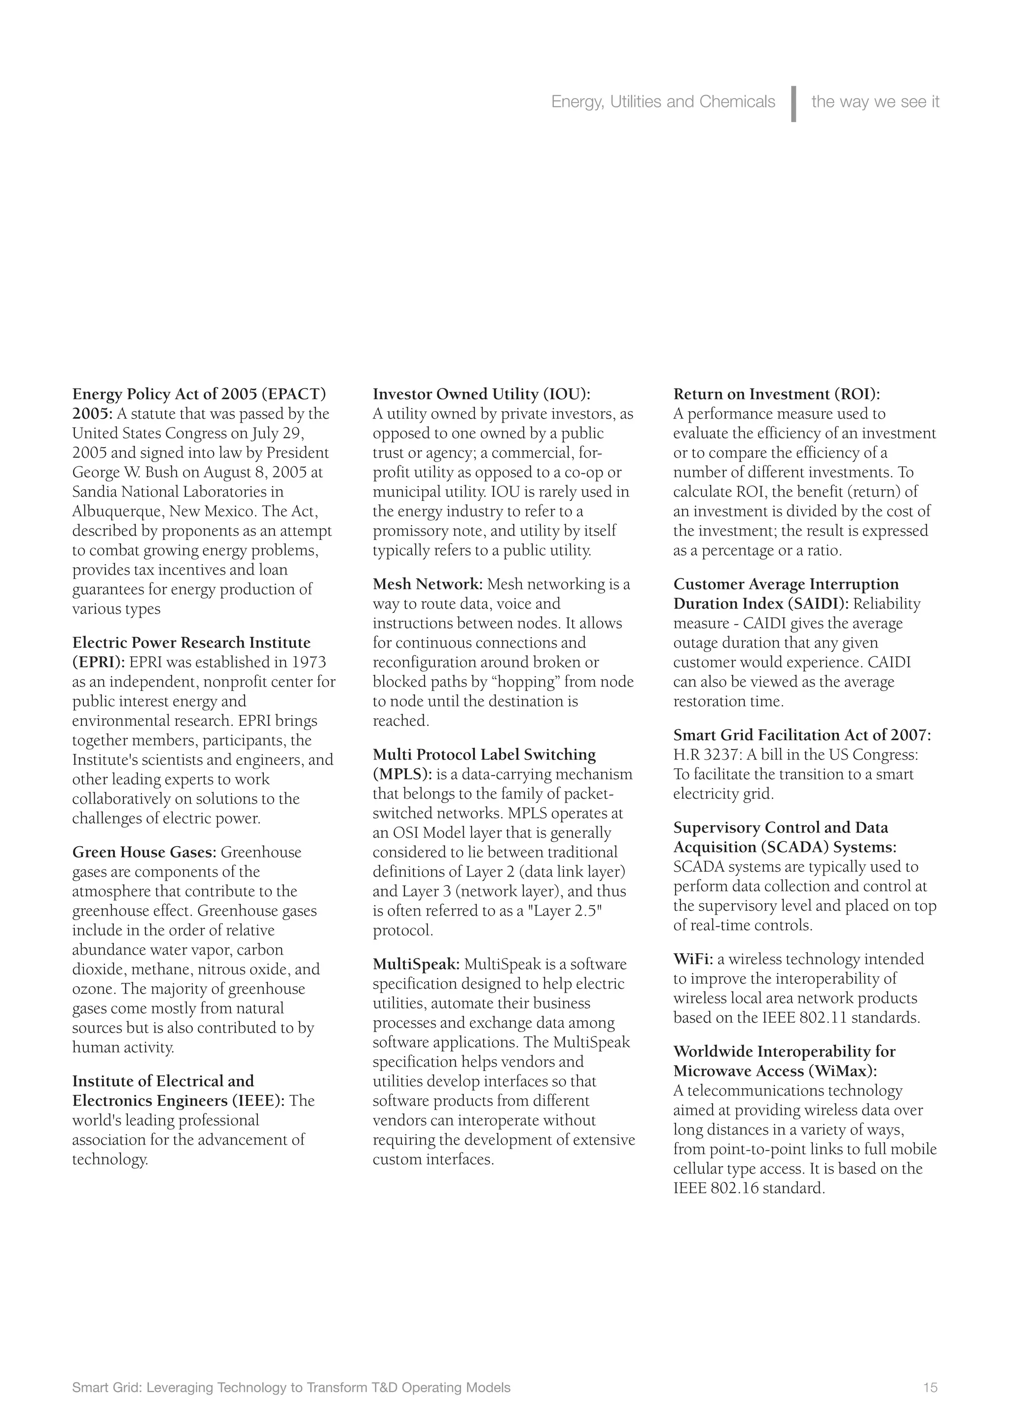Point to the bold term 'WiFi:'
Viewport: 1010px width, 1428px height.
[x=693, y=959]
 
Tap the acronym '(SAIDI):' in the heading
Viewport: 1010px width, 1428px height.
[x=818, y=604]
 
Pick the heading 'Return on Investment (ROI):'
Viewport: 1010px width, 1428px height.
[x=777, y=394]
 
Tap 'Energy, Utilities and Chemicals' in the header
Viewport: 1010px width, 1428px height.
[x=663, y=102]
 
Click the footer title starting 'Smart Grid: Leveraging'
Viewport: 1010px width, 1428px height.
[x=291, y=1388]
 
